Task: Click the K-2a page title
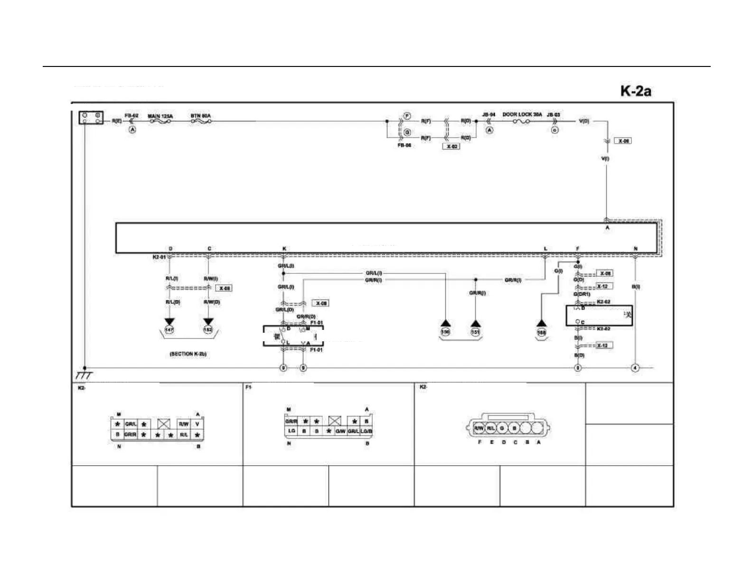pyautogui.click(x=635, y=91)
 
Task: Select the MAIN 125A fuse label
pyautogui.click(x=160, y=116)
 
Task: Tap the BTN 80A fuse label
pyautogui.click(x=200, y=116)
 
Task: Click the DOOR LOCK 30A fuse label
pyautogui.click(x=522, y=114)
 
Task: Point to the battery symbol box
pyautogui.click(x=91, y=118)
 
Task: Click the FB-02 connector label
pyautogui.click(x=132, y=115)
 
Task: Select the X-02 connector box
pyautogui.click(x=452, y=146)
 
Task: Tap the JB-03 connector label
pyautogui.click(x=553, y=115)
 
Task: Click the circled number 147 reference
pyautogui.click(x=169, y=329)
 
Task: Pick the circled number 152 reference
pyautogui.click(x=208, y=329)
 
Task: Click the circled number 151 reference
pyautogui.click(x=475, y=332)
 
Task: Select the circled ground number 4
pyautogui.click(x=635, y=368)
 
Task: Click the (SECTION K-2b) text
pyautogui.click(x=188, y=354)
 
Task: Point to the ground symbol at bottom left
pyautogui.click(x=84, y=375)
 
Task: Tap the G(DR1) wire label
pyautogui.click(x=581, y=294)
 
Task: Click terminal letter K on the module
pyautogui.click(x=284, y=249)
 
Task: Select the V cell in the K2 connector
pyautogui.click(x=197, y=424)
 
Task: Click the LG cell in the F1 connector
pyautogui.click(x=291, y=431)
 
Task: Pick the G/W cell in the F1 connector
pyautogui.click(x=340, y=431)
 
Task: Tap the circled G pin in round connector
pyautogui.click(x=502, y=428)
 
